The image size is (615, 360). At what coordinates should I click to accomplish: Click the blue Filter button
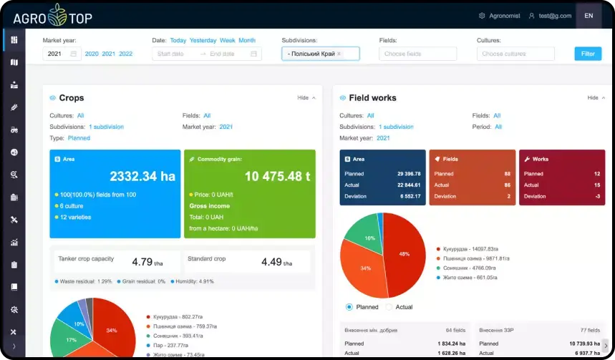[x=587, y=54]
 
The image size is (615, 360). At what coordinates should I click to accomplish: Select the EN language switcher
[x=588, y=16]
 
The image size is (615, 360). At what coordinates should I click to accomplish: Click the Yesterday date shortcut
[x=203, y=41]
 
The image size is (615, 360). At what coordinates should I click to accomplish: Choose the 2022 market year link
[x=125, y=54]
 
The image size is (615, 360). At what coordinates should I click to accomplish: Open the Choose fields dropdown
[x=417, y=54]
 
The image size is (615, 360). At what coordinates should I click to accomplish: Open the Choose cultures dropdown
[x=515, y=54]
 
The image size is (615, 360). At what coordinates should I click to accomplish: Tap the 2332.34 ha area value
[x=141, y=176]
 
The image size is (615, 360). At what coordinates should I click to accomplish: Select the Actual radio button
[x=389, y=307]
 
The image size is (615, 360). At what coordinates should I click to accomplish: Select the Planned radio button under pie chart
[x=349, y=307]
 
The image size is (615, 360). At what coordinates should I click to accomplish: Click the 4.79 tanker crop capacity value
[x=144, y=262]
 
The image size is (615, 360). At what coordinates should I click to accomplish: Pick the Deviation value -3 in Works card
[x=598, y=196]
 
